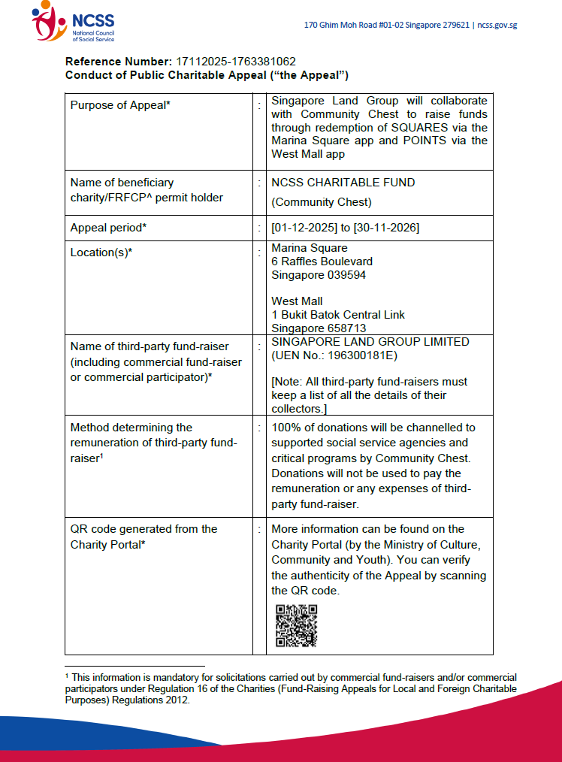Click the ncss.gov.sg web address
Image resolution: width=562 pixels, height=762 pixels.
click(x=497, y=25)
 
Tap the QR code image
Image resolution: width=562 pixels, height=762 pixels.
click(x=296, y=625)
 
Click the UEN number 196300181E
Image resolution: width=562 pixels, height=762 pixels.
click(x=359, y=355)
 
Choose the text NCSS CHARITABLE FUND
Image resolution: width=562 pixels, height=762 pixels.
click(x=343, y=182)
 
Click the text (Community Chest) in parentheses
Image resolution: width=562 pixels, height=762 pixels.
click(x=321, y=201)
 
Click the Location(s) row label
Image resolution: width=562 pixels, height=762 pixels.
click(x=101, y=252)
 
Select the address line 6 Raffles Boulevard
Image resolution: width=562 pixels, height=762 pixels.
click(x=322, y=262)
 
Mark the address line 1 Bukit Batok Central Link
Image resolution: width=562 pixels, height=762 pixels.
click(x=338, y=315)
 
